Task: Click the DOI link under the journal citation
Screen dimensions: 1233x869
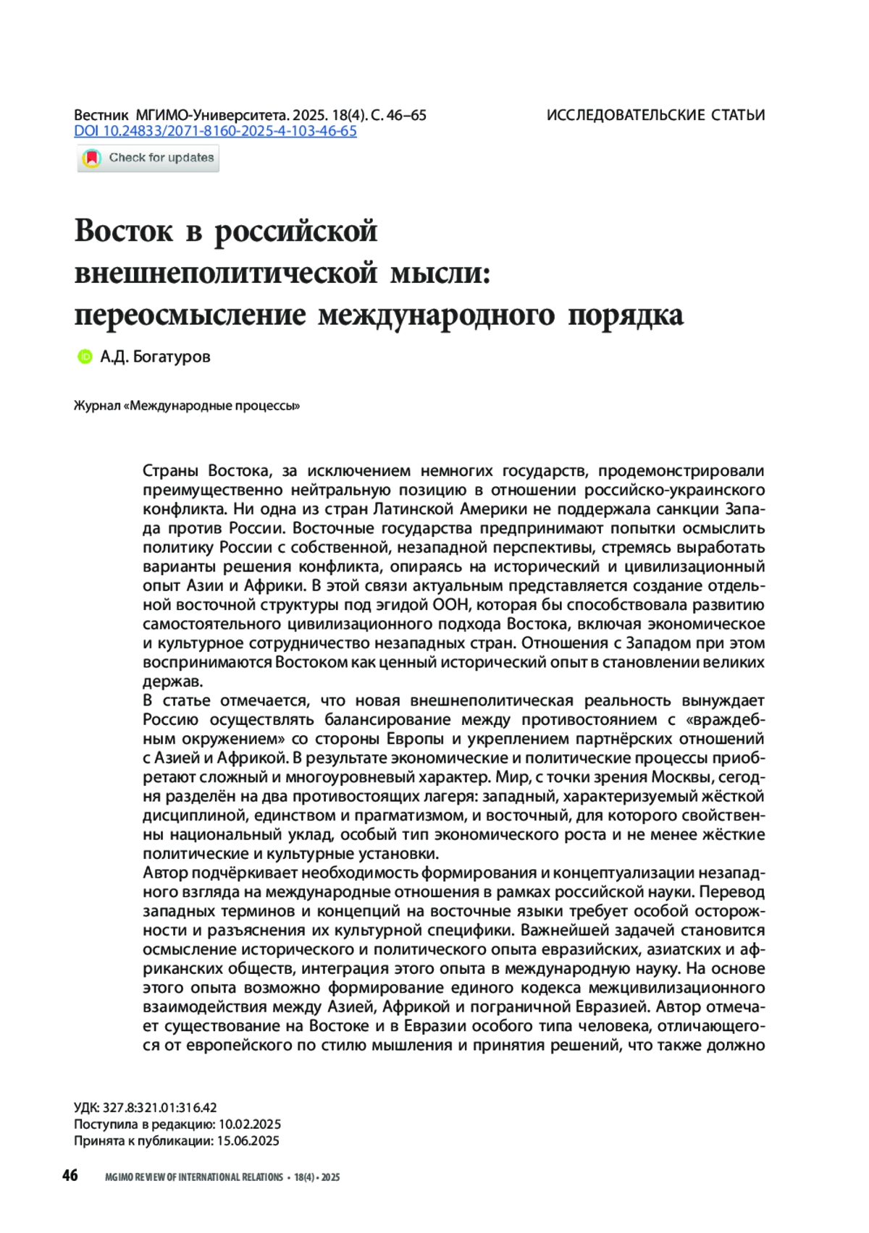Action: coord(215,131)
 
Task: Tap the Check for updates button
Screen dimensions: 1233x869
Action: coord(148,158)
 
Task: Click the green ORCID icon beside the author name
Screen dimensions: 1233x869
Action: coord(85,356)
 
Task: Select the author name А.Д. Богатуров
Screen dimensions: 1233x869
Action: coord(155,356)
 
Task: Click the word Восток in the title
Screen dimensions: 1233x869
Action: coord(124,231)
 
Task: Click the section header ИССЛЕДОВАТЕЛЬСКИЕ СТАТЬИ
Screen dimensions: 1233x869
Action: coord(655,115)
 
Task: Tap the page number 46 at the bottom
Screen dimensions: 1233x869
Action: coord(70,1175)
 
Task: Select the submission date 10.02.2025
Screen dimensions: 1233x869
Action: coord(249,1124)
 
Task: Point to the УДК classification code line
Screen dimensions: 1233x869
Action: coord(145,1108)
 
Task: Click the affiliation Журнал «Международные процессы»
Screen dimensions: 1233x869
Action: coord(187,406)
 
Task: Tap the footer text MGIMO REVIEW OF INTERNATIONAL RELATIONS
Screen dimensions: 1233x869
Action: coord(194,1177)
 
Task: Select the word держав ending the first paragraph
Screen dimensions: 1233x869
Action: coord(172,682)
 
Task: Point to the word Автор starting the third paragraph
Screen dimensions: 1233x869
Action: coord(165,873)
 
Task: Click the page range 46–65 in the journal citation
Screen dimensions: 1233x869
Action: coord(407,115)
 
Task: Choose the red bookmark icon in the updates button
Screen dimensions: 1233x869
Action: coord(92,158)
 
